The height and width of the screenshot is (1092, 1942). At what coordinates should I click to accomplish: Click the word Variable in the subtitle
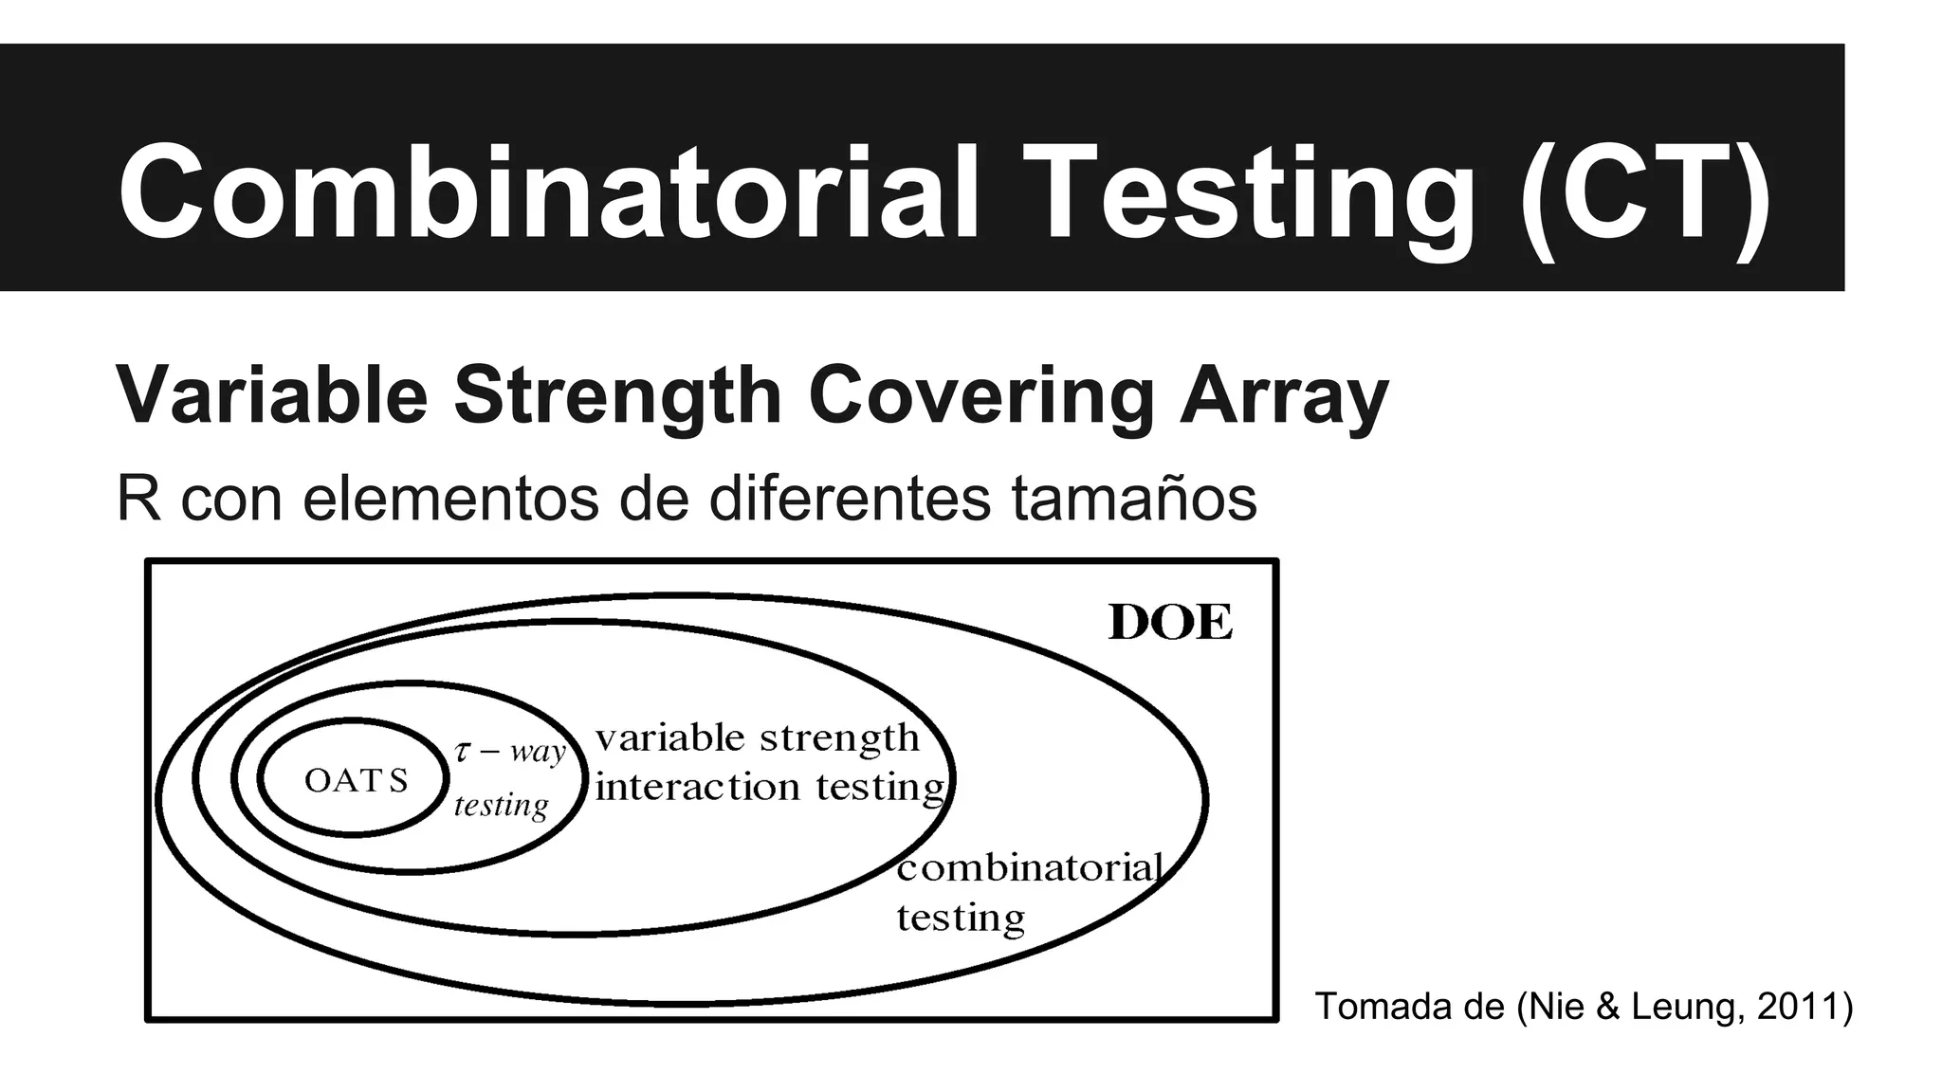pyautogui.click(x=272, y=394)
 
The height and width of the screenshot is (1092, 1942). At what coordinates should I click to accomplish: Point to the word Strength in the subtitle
pyautogui.click(x=617, y=394)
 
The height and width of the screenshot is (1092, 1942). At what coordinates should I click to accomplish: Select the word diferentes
pyautogui.click(x=850, y=499)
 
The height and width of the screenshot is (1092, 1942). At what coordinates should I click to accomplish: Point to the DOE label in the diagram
pyautogui.click(x=1171, y=623)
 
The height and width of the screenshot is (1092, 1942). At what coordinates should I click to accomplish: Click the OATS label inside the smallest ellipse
pyautogui.click(x=356, y=780)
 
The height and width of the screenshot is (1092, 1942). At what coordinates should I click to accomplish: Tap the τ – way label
pyautogui.click(x=510, y=752)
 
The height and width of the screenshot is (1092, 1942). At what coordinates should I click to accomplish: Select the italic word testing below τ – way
pyautogui.click(x=502, y=806)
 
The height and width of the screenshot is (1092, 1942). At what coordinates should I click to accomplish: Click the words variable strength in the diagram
pyautogui.click(x=758, y=737)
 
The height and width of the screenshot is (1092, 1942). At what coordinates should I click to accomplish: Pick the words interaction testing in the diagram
pyautogui.click(x=771, y=787)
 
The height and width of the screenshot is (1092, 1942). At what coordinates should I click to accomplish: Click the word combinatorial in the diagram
pyautogui.click(x=1030, y=867)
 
